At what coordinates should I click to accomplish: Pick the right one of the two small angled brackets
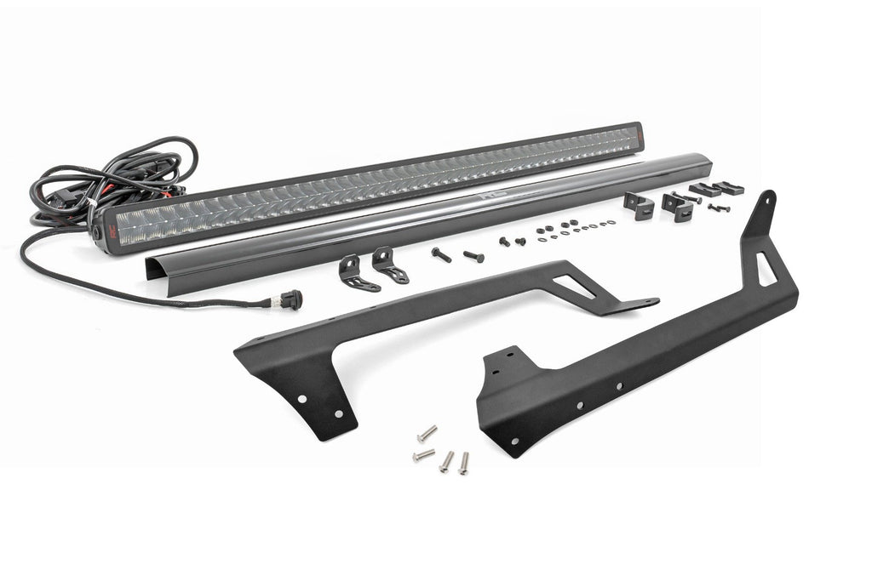pos(390,265)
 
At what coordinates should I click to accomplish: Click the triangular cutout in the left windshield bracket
pos(577,287)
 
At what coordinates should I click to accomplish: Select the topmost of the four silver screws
pos(427,434)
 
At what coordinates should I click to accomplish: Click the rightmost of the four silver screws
pos(464,463)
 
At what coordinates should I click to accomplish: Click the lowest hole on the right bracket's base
pos(513,441)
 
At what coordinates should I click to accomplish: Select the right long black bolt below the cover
pos(473,255)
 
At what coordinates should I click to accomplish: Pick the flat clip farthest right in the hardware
pos(730,187)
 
